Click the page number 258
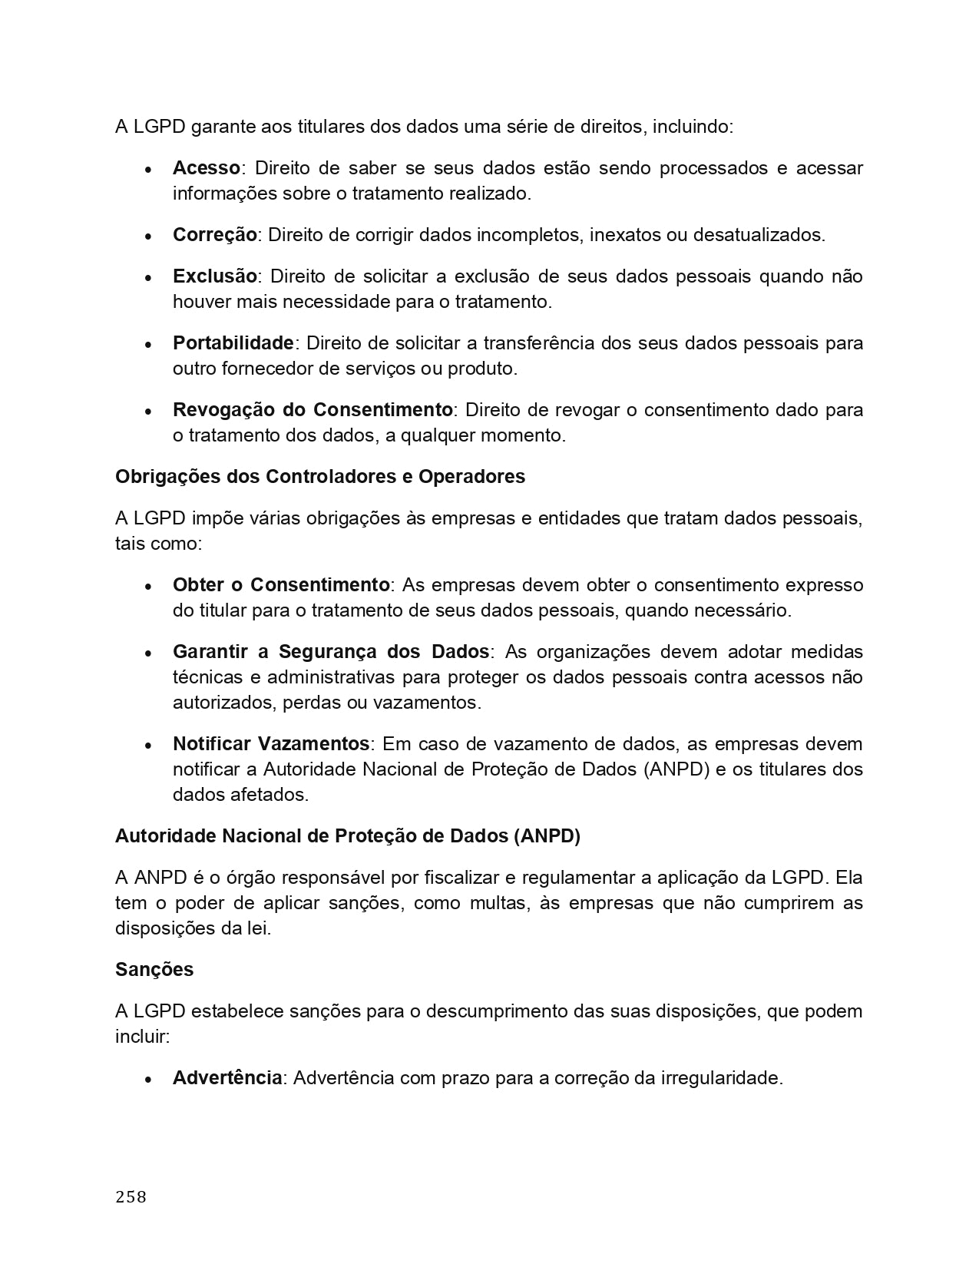click(131, 1196)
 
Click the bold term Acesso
click(206, 168)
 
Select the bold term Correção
click(214, 235)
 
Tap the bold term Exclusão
click(214, 276)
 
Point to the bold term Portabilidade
click(233, 342)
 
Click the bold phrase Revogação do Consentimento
click(313, 410)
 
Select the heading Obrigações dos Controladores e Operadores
click(320, 477)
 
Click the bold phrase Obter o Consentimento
click(281, 585)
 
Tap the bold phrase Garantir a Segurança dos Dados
click(330, 652)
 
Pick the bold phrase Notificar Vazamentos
click(271, 744)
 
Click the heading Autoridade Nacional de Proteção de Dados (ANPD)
click(348, 836)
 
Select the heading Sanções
click(154, 970)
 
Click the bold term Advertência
click(227, 1078)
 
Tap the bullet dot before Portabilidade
click(148, 345)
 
